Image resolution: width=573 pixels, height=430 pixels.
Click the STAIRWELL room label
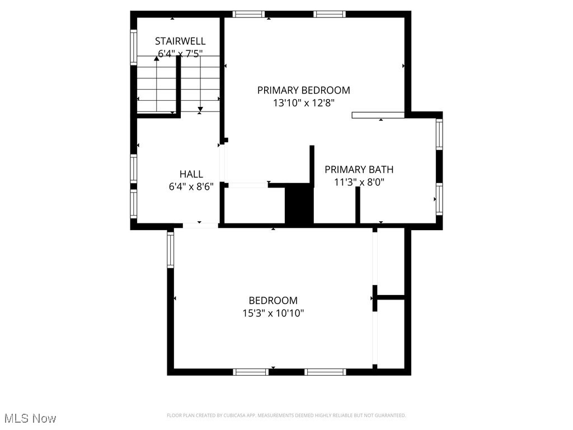click(x=180, y=41)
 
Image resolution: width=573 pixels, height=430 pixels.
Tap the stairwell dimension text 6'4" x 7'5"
click(x=180, y=54)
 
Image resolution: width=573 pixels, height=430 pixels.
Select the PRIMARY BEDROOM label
click(x=303, y=90)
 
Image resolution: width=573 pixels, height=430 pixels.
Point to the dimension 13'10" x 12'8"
click(x=303, y=103)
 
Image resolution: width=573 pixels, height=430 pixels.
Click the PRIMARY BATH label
click(x=359, y=169)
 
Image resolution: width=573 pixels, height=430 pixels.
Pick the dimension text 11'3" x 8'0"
click(x=359, y=182)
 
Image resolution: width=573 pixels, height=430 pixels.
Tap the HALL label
click(x=191, y=174)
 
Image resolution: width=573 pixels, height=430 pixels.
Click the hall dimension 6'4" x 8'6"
click(x=191, y=187)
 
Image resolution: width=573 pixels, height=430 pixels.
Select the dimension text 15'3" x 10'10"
click(x=273, y=314)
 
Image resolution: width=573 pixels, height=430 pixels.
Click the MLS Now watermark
click(x=30, y=418)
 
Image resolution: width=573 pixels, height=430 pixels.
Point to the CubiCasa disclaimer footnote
click(x=286, y=415)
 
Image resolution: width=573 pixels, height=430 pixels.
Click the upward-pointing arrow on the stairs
click(x=156, y=58)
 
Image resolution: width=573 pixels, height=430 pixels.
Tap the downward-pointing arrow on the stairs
click(x=200, y=108)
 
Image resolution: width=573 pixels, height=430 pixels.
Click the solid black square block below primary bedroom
click(x=299, y=204)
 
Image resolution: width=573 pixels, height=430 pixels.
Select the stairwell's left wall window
click(x=134, y=47)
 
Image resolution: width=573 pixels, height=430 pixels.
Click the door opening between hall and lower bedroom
click(x=200, y=225)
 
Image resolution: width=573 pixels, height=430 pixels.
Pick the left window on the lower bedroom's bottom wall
click(x=251, y=372)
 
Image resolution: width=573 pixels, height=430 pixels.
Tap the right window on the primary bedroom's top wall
click(x=330, y=15)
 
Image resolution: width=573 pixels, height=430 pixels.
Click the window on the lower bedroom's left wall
click(x=171, y=250)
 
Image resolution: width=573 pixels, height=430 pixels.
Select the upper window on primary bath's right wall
click(x=439, y=134)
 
